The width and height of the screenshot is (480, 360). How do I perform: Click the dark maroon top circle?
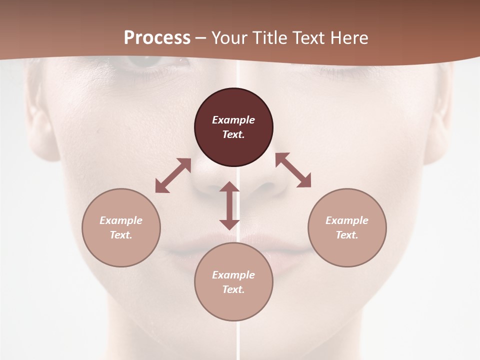click(x=233, y=127)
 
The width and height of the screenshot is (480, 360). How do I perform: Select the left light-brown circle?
click(x=121, y=227)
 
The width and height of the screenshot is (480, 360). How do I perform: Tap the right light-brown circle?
click(x=347, y=227)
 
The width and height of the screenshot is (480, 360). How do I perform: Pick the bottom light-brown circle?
click(x=233, y=282)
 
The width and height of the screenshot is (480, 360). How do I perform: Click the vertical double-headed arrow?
click(x=229, y=205)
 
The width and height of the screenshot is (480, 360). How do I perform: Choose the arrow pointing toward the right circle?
click(x=293, y=170)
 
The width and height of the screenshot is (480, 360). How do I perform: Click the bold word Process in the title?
click(x=157, y=37)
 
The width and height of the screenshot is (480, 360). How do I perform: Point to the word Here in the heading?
click(x=350, y=37)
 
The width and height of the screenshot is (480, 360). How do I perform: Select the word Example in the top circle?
click(x=233, y=120)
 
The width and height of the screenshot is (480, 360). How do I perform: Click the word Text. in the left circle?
click(x=121, y=235)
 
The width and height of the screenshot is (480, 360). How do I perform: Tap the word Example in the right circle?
click(x=347, y=220)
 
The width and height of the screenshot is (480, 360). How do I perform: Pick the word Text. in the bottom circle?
click(x=233, y=289)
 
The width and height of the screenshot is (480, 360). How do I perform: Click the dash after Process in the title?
click(x=201, y=38)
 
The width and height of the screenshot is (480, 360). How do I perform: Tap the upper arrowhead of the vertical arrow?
click(x=229, y=187)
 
